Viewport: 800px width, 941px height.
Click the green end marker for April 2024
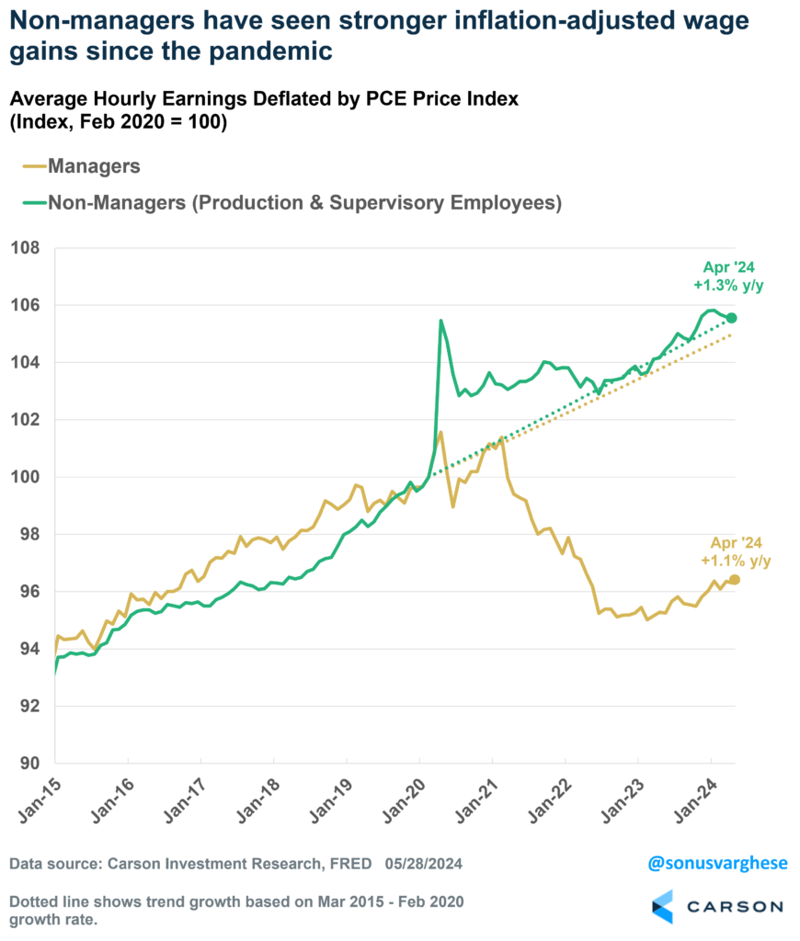(x=732, y=318)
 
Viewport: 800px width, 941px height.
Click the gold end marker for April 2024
(x=734, y=579)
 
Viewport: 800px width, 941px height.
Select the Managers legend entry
(x=94, y=166)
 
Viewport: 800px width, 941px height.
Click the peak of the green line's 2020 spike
(x=441, y=321)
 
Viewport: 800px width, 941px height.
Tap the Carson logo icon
(x=662, y=906)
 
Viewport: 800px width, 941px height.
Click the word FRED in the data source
(x=351, y=864)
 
